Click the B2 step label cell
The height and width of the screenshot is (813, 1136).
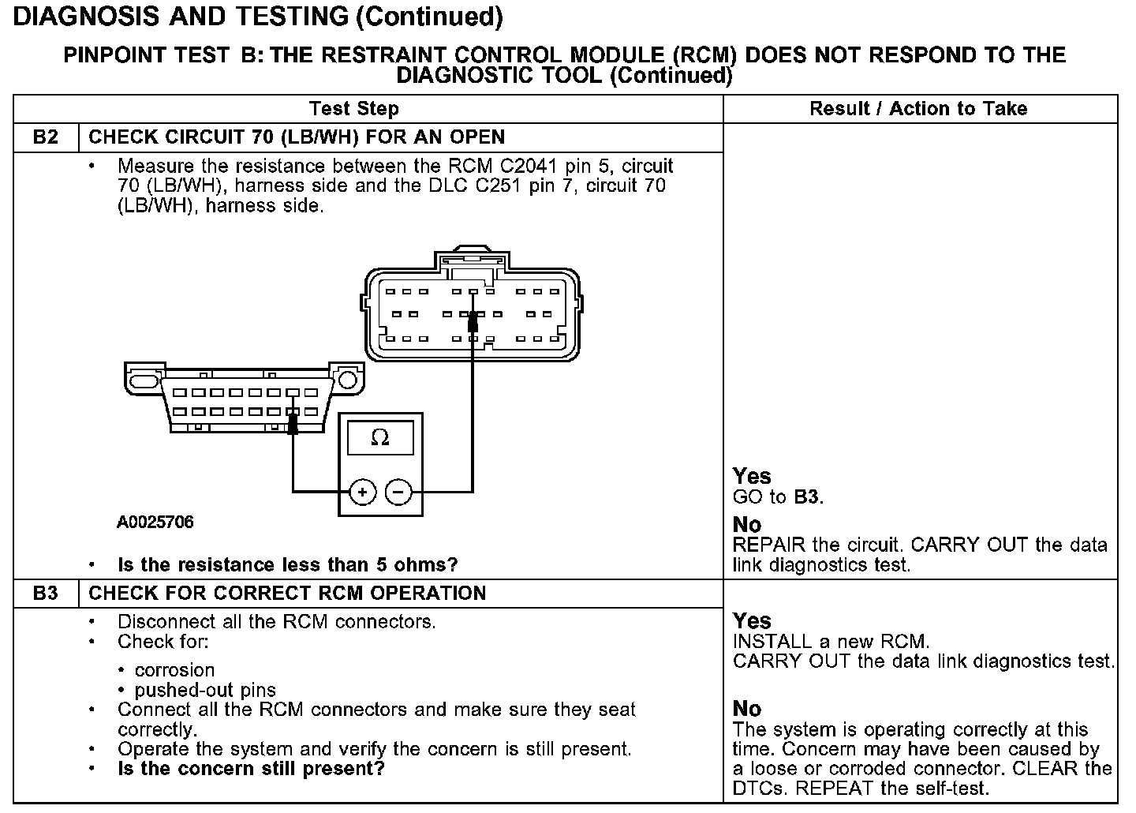(x=46, y=137)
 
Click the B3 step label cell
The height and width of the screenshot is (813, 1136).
(x=46, y=594)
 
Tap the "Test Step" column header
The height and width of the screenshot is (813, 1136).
(x=353, y=109)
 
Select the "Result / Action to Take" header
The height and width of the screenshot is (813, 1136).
(x=918, y=109)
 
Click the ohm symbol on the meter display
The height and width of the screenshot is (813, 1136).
(x=380, y=438)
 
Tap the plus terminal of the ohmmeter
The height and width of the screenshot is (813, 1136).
(x=362, y=493)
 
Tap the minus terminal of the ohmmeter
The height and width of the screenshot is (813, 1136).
(x=399, y=493)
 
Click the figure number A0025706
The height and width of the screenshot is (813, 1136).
(x=155, y=523)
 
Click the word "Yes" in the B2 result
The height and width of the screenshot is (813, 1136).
(x=752, y=476)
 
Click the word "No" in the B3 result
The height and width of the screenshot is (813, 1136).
(x=746, y=708)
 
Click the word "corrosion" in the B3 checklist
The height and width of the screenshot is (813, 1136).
(x=174, y=670)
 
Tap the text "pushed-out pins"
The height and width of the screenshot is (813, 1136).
(x=205, y=690)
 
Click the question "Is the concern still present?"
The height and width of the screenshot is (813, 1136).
(x=251, y=768)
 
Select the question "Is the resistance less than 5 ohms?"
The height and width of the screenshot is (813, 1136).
(x=287, y=565)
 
